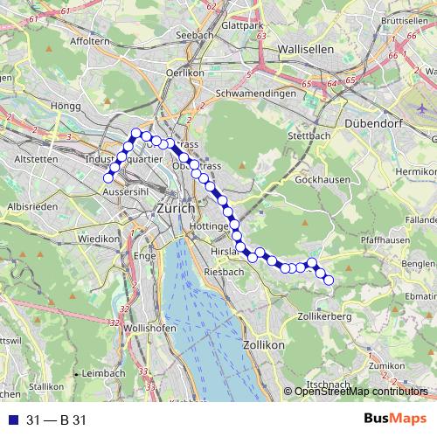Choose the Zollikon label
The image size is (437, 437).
[x=266, y=346]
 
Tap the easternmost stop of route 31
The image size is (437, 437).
[x=329, y=280]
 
